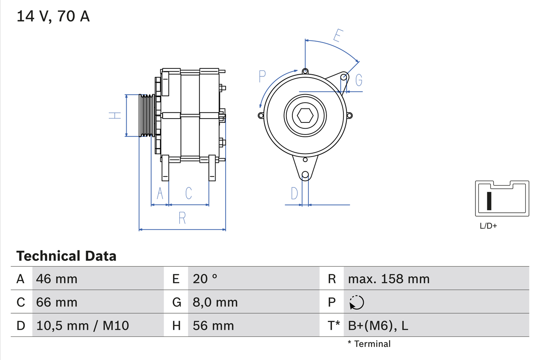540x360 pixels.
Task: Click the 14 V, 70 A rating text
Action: (53, 16)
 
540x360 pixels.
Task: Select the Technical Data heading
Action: (66, 256)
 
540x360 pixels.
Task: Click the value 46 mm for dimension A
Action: (57, 279)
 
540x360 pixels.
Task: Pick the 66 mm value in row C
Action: (57, 302)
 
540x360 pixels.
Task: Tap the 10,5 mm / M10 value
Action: (82, 325)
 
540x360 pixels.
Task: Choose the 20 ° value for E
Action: (205, 279)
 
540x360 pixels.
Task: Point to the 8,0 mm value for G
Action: (215, 302)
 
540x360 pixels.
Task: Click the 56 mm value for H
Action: (213, 325)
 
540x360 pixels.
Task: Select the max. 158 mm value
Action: (389, 279)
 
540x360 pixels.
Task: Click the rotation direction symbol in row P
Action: (356, 302)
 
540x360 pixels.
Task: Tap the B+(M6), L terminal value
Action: (378, 325)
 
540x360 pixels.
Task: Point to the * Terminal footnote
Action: (369, 344)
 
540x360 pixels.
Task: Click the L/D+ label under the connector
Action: (489, 226)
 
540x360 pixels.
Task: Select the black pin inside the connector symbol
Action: (489, 200)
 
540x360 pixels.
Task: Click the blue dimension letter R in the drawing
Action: (182, 218)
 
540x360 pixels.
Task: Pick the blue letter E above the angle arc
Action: (337, 35)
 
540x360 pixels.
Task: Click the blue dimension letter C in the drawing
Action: (189, 193)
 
